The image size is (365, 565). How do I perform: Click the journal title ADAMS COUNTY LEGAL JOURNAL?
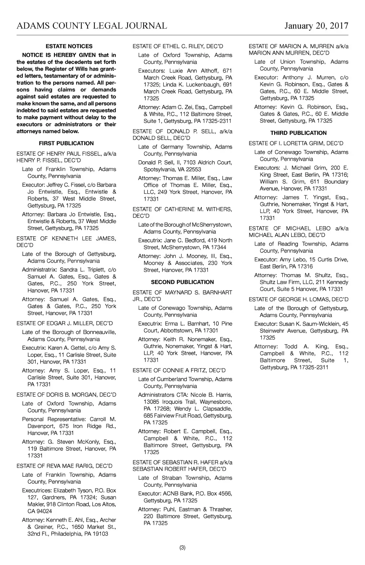coord(92,26)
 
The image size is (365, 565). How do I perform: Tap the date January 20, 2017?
coord(316,26)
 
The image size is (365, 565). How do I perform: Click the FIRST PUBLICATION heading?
coord(66,143)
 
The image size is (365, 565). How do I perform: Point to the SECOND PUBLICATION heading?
coord(182,282)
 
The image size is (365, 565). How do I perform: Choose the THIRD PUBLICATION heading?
coord(298,133)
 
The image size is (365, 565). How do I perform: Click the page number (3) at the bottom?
coord(182,548)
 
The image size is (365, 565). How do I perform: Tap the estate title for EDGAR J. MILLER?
coord(65,323)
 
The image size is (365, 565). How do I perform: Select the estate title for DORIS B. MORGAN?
coord(66,395)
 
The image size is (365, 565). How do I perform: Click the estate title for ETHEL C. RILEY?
coord(178,46)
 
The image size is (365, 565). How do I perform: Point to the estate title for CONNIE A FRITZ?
coord(179,370)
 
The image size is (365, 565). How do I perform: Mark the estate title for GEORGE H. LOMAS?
coord(298,299)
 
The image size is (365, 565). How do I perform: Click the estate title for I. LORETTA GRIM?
coord(296,143)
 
